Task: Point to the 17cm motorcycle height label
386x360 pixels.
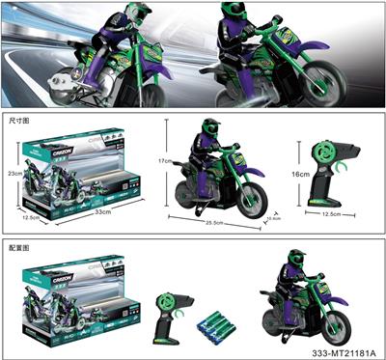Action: point(165,161)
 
